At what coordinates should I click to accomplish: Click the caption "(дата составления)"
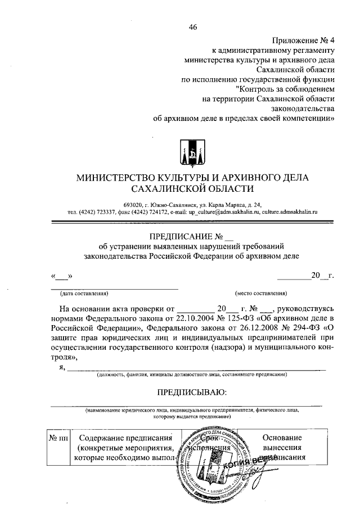[84, 293]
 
